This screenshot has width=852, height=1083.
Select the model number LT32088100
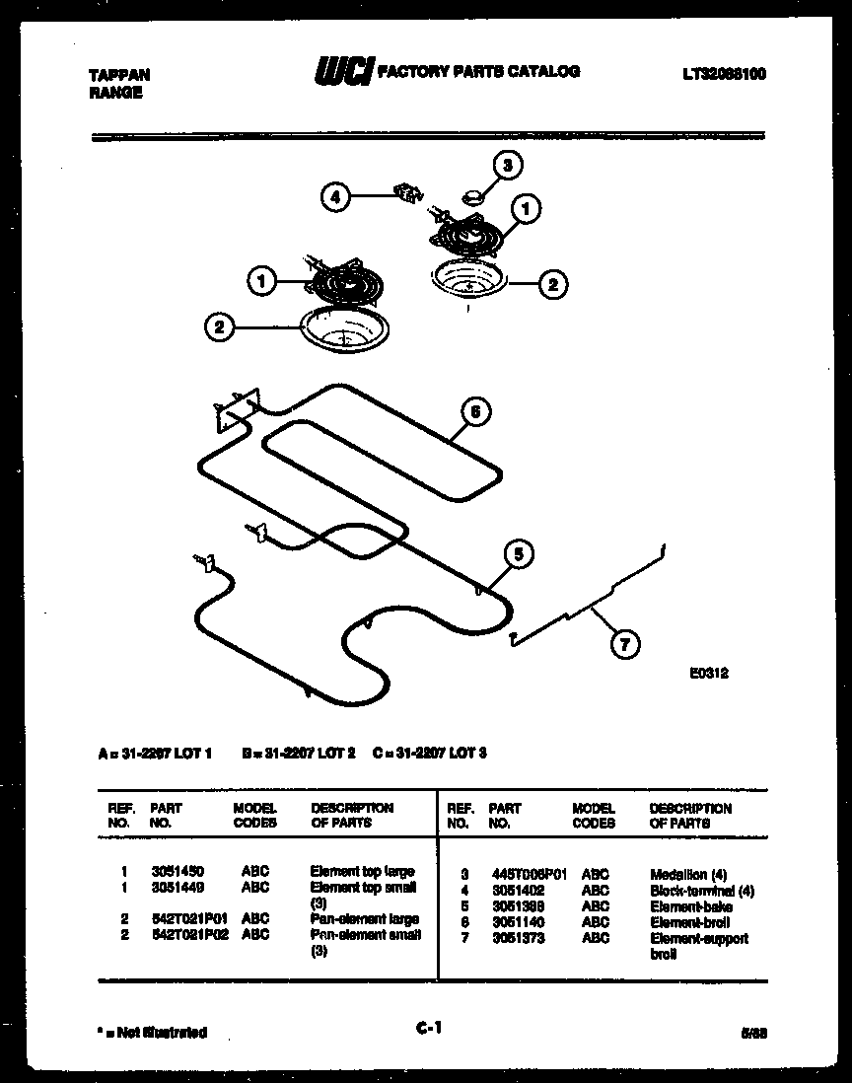723,74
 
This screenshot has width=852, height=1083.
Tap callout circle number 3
507,166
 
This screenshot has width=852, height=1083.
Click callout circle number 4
335,197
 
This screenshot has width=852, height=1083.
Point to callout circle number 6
475,411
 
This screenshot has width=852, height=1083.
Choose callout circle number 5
519,554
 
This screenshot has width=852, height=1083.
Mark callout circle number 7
623,646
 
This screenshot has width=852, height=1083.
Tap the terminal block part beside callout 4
404,191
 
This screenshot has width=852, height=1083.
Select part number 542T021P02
187,934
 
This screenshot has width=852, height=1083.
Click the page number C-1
428,1029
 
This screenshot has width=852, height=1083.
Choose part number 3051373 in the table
518,938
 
